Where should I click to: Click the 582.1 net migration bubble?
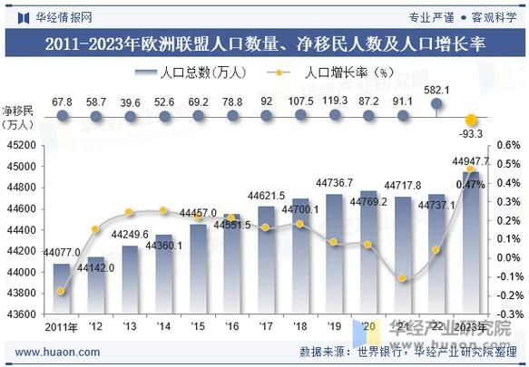click(436, 105)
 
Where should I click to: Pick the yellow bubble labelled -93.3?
click(470, 120)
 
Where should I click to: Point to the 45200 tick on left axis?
click(22, 145)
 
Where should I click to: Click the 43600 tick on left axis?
click(22, 314)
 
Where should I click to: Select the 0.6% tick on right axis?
click(508, 145)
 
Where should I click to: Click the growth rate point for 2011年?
click(62, 291)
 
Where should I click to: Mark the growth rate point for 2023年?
click(470, 169)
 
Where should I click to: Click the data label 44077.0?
click(62, 253)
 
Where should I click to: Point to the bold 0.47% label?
click(470, 185)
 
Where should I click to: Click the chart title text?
click(264, 42)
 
